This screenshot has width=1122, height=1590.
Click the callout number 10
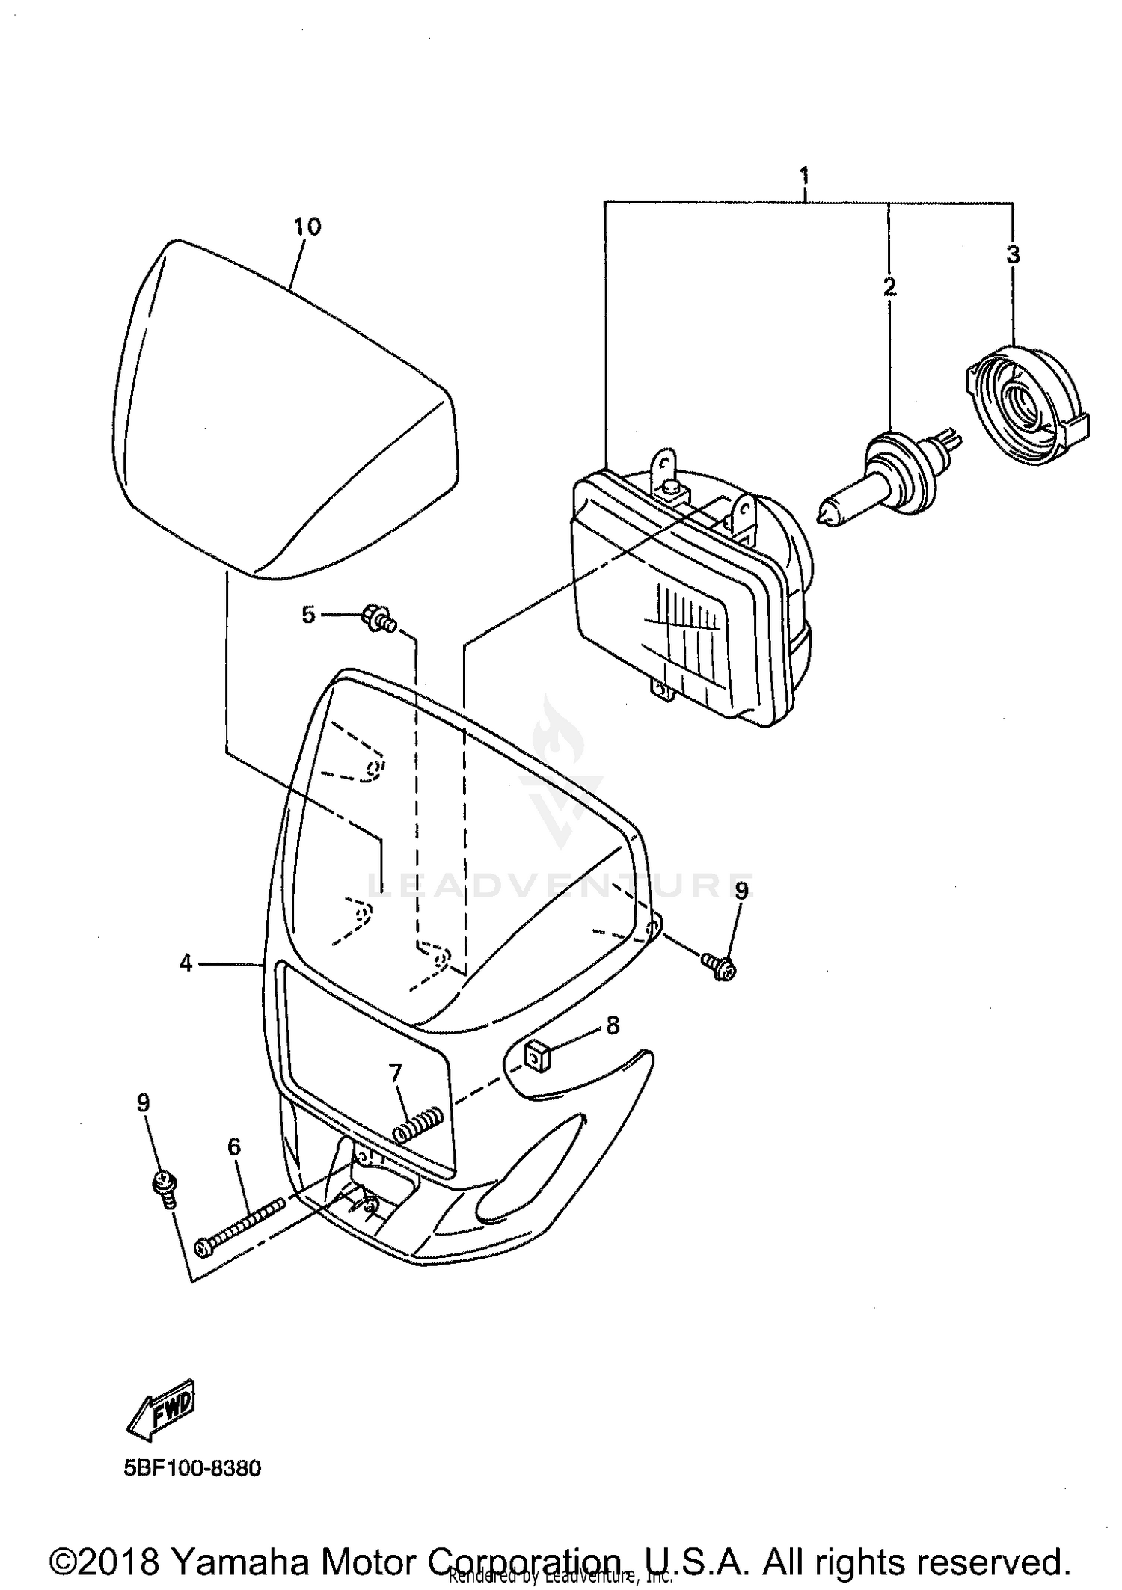tap(307, 227)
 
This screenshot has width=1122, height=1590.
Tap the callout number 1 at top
tap(804, 177)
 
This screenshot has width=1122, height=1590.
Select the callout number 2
tap(889, 286)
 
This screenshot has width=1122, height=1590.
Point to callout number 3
tap(1012, 255)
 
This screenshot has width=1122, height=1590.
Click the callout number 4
tap(186, 963)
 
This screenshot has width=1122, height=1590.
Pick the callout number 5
tap(308, 616)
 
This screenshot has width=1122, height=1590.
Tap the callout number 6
tap(234, 1147)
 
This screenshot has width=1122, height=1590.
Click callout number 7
tap(395, 1073)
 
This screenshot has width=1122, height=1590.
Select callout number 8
tap(613, 1025)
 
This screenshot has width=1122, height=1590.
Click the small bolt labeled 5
tap(378, 619)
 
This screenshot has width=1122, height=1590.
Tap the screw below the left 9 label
tap(164, 1188)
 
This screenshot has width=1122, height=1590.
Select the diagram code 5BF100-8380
tap(192, 1468)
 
